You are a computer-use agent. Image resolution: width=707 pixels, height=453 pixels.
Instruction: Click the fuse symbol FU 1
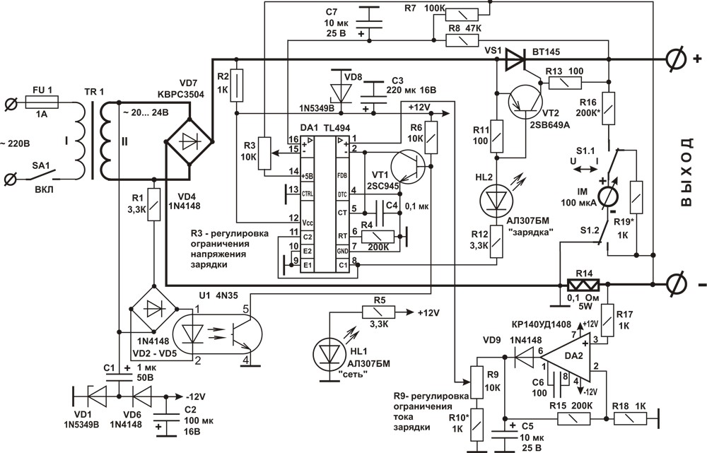point(42,104)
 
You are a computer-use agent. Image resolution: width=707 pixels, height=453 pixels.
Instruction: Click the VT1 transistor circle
point(408,167)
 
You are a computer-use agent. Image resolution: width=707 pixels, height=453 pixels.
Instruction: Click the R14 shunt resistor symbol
point(583,285)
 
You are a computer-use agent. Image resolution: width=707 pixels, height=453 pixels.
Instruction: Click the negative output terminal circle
point(674,284)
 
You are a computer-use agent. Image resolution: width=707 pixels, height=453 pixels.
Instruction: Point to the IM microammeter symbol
point(607,195)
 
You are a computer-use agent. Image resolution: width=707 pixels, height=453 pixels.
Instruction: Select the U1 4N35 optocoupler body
point(217,334)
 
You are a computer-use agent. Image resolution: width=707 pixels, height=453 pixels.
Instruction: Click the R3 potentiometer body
point(264,153)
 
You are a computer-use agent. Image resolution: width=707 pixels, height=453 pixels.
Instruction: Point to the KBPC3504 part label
point(180,95)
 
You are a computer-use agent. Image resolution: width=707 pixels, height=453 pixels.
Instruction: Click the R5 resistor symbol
point(378,312)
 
